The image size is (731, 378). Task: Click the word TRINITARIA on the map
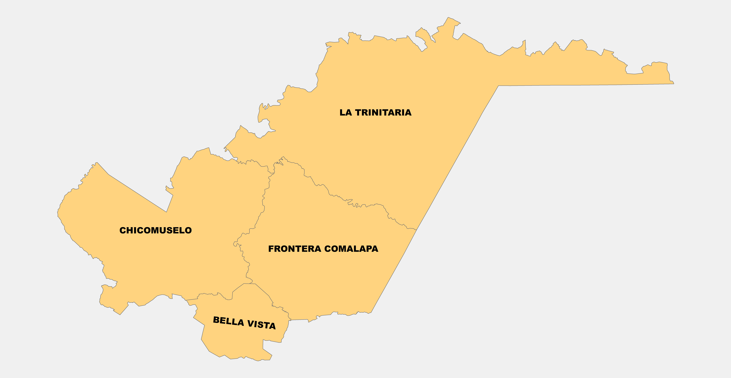(383, 113)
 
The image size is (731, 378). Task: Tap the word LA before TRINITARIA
(346, 113)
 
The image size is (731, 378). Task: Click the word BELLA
(228, 321)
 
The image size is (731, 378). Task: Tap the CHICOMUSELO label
(155, 230)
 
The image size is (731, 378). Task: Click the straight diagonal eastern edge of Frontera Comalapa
(394, 271)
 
